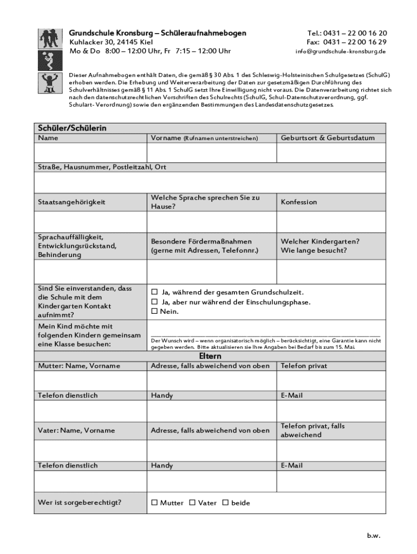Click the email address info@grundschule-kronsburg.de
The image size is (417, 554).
pos(340,51)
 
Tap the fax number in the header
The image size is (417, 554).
pos(347,42)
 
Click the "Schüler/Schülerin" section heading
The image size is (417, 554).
pos(72,128)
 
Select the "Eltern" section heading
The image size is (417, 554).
pos(210,357)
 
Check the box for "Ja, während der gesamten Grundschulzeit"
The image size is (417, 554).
pos(154,292)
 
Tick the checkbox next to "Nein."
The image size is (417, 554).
pos(154,312)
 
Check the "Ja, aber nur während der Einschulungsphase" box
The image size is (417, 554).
pos(154,302)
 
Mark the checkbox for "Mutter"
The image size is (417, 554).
pos(154,503)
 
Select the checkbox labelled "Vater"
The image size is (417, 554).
pos(192,503)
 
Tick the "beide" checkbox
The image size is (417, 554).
pos(225,503)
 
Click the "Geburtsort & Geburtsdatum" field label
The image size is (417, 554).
pos(328,138)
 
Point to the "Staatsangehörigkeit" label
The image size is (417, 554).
pos(71,202)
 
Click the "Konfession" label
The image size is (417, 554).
pos(299,202)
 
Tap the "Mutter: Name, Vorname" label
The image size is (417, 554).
pos(79,366)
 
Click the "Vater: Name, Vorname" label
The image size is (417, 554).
pos(76,431)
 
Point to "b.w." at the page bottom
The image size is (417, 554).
pos(374,536)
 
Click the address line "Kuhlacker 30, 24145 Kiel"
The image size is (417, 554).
pos(111,42)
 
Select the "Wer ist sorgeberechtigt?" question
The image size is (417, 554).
pos(80,503)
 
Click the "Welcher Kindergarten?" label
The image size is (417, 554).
pos(320,241)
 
